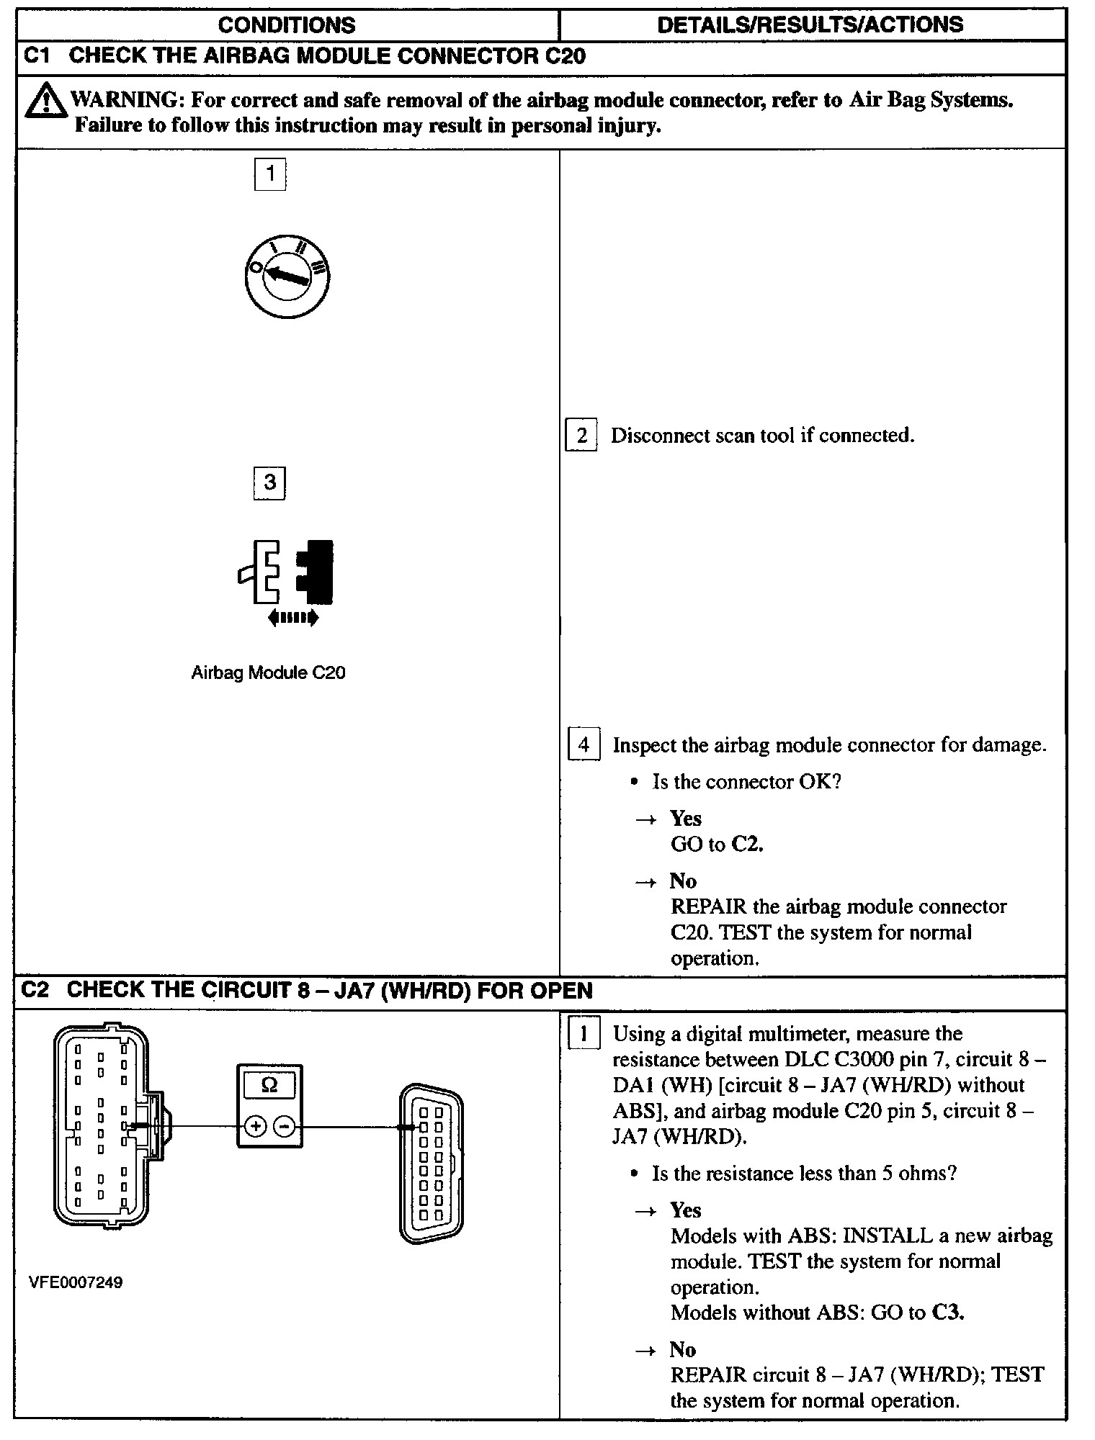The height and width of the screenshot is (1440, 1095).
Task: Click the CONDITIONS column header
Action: click(x=287, y=25)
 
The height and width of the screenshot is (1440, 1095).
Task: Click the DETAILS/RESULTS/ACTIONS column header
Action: click(x=810, y=25)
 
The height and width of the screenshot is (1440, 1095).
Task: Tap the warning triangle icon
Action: click(x=45, y=102)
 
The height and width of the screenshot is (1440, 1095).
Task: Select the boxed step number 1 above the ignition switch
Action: click(x=270, y=174)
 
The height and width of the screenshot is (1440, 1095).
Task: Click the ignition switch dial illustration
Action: click(x=287, y=277)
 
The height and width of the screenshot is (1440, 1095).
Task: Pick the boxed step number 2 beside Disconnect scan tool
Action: click(x=581, y=436)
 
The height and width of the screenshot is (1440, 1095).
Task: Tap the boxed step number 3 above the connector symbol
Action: click(x=269, y=483)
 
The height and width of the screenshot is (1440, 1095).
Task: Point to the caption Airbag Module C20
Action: click(x=268, y=673)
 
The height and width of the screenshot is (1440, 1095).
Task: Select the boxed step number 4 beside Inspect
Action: click(x=584, y=744)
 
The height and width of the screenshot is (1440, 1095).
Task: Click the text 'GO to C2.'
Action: click(x=716, y=844)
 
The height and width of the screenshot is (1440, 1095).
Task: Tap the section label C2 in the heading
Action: click(x=35, y=990)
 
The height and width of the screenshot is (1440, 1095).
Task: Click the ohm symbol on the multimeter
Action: click(x=269, y=1085)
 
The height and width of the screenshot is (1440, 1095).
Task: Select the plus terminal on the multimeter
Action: click(x=255, y=1126)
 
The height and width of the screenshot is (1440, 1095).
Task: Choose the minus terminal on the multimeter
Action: click(x=285, y=1126)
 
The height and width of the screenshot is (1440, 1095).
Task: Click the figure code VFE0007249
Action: click(x=76, y=1282)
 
